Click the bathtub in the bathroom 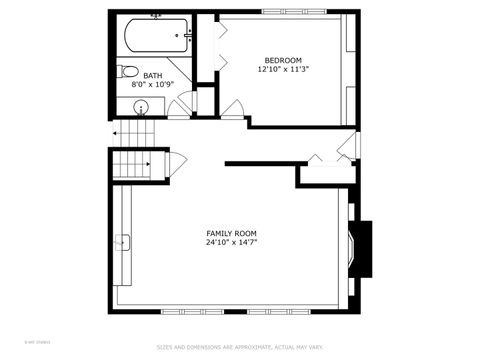pyautogui.click(x=155, y=38)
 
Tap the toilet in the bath pyautogui.click(x=127, y=71)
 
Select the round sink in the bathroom pyautogui.click(x=141, y=106)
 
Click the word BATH pyautogui.click(x=153, y=75)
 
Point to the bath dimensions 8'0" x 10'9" pyautogui.click(x=153, y=85)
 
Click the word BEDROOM pyautogui.click(x=283, y=59)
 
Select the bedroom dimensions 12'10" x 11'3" pyautogui.click(x=283, y=69)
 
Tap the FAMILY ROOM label pyautogui.click(x=231, y=233)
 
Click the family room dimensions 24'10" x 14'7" pyautogui.click(x=231, y=243)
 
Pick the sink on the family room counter pyautogui.click(x=122, y=241)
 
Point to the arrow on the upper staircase pyautogui.click(x=118, y=132)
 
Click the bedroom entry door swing pyautogui.click(x=232, y=109)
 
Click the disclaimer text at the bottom pyautogui.click(x=239, y=348)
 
